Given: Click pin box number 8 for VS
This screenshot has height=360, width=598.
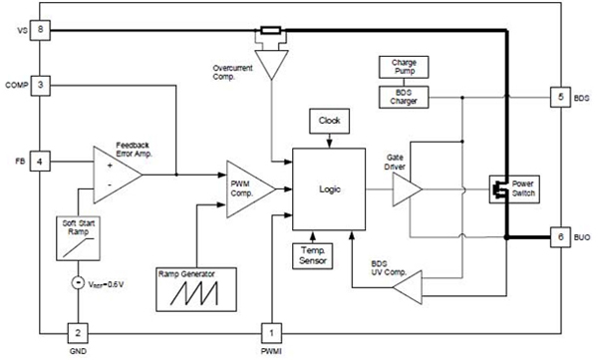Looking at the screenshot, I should (x=40, y=30).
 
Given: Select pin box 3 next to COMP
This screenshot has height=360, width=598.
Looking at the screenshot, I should (x=40, y=85).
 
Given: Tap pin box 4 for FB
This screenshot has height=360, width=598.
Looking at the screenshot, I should (x=40, y=160).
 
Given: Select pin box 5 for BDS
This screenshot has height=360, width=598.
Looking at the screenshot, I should (x=560, y=98).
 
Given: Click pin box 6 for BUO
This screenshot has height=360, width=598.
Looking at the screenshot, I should (x=560, y=237).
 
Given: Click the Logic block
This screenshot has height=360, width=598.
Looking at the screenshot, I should (x=329, y=185).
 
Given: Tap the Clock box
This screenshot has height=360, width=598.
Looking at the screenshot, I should (x=329, y=120).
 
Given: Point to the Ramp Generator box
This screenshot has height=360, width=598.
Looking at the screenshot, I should (x=195, y=286).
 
